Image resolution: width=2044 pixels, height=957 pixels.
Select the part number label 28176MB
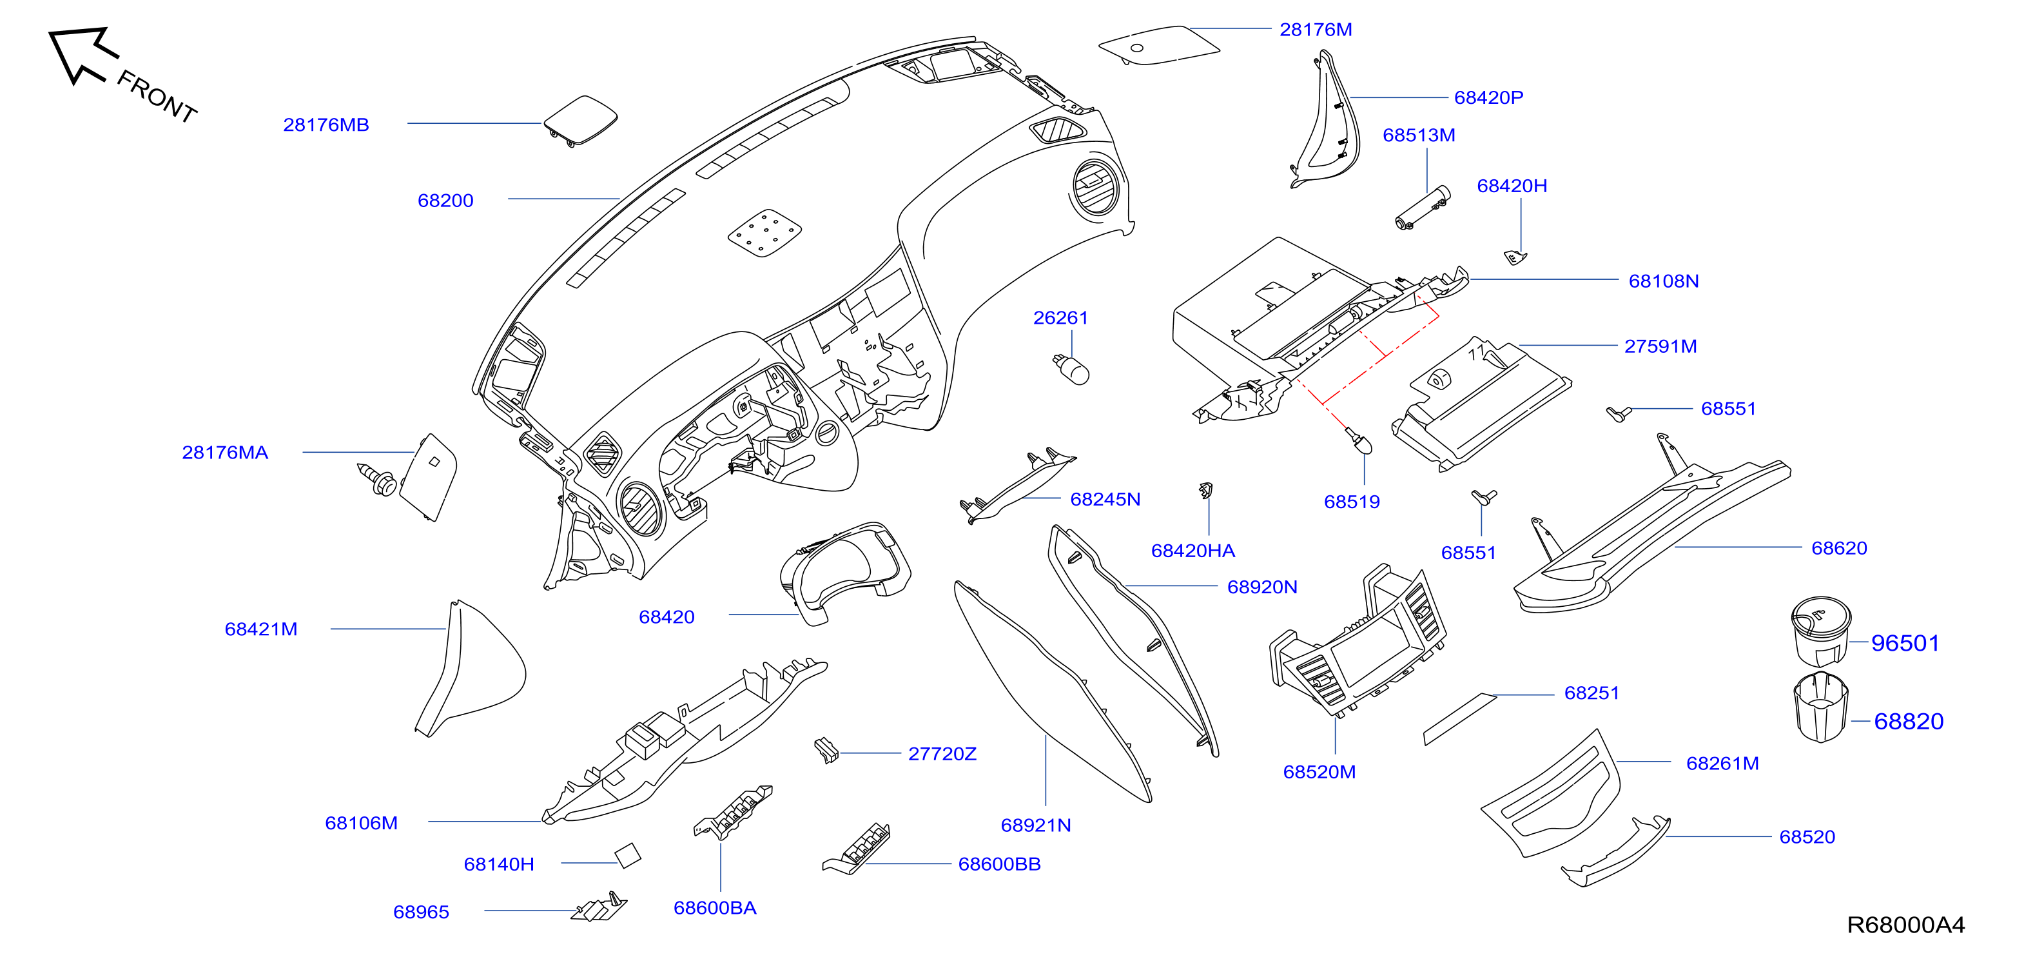(x=326, y=124)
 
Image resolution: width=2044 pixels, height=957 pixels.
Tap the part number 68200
(x=445, y=201)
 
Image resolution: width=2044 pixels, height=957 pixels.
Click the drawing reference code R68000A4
(x=1906, y=925)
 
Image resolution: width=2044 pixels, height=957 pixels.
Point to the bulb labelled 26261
(x=1072, y=369)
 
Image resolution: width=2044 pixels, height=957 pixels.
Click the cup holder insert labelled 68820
(x=1820, y=707)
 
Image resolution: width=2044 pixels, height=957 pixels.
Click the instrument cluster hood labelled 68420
(x=845, y=571)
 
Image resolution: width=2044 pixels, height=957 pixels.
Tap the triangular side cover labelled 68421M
(x=471, y=668)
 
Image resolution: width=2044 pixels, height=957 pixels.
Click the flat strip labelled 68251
(x=1459, y=719)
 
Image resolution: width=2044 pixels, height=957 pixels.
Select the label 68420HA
(x=1192, y=551)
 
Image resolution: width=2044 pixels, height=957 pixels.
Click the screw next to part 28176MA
(x=378, y=479)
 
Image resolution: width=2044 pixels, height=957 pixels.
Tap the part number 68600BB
(x=999, y=864)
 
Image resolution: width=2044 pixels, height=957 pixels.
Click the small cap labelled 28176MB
(x=580, y=121)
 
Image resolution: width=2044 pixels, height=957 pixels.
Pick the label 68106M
(x=361, y=823)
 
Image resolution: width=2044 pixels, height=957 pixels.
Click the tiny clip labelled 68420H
(x=1515, y=257)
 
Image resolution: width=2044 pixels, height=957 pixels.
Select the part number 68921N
(x=1035, y=825)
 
